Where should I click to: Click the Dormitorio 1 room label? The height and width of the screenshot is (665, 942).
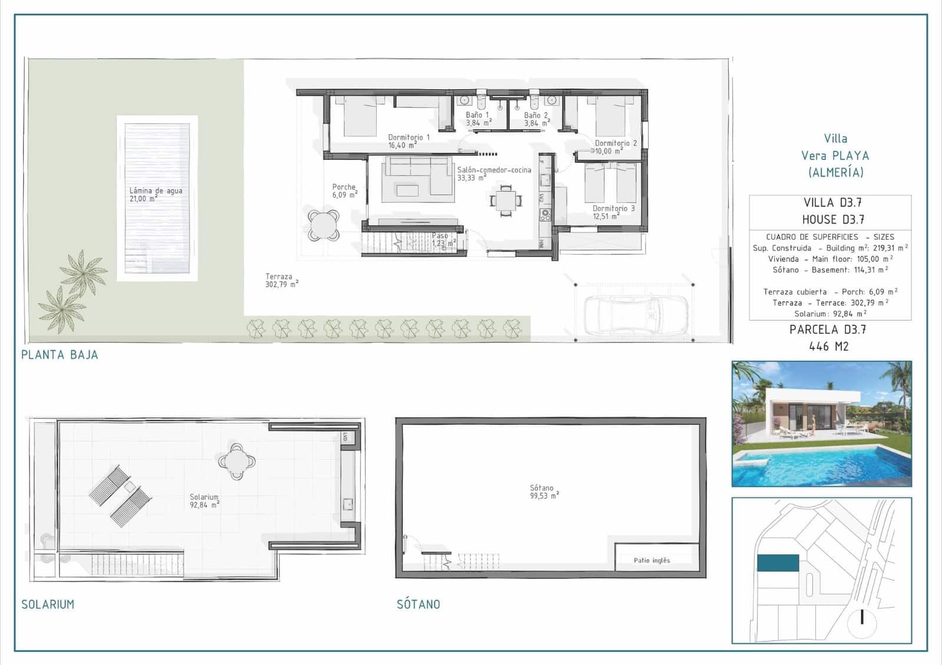[x=408, y=141]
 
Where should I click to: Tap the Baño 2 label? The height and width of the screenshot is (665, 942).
[x=536, y=119]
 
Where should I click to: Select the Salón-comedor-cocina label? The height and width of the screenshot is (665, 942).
[x=493, y=173]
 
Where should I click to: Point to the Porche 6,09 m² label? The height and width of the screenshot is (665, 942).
[x=344, y=191]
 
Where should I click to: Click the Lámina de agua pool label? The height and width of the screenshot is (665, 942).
[x=155, y=194]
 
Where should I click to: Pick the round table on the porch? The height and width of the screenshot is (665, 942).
[x=324, y=225]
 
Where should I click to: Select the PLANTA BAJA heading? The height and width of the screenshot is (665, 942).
[x=59, y=355]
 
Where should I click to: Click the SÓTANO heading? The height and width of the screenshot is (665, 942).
[x=418, y=604]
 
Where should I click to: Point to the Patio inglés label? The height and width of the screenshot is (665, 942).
[x=652, y=560]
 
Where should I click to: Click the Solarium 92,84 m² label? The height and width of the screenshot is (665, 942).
[x=204, y=501]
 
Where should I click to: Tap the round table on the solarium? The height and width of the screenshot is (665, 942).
[x=237, y=461]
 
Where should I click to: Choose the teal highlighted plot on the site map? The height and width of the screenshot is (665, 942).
[x=778, y=563]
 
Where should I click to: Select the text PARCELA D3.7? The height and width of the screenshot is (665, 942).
[x=827, y=330]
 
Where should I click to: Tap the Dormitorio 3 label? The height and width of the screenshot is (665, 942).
[x=613, y=212]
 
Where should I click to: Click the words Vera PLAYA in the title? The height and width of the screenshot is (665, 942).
[x=835, y=156]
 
